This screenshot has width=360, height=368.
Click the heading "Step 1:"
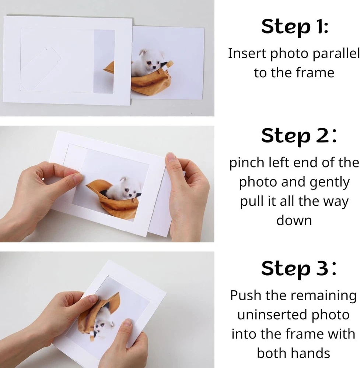click(295, 27)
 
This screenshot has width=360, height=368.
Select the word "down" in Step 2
click(294, 220)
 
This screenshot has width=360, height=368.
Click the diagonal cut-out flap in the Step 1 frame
click(41, 68)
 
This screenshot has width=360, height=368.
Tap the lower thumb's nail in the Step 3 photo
click(128, 322)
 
